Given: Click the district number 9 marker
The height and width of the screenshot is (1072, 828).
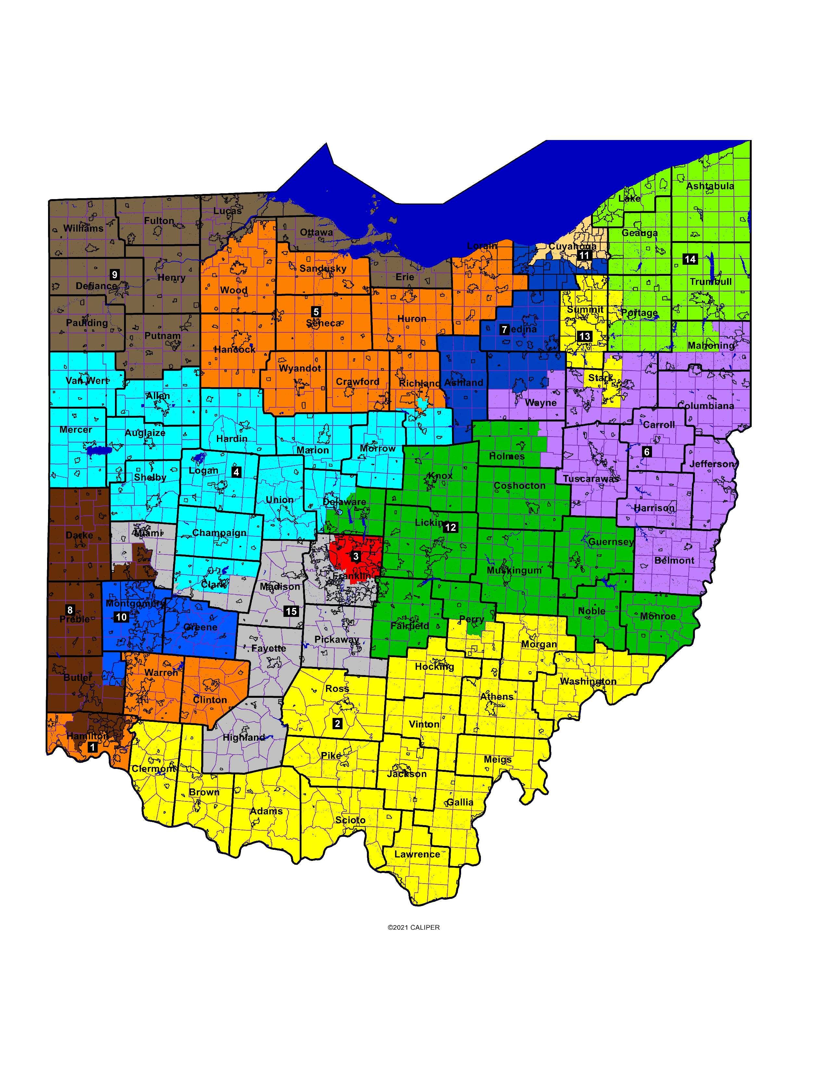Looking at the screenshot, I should coord(115,274).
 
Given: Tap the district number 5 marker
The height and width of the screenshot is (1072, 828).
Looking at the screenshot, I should coord(316,312).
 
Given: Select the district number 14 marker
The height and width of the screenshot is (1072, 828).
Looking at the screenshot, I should coord(690,259).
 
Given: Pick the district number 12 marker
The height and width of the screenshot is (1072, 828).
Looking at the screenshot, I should coord(450,528).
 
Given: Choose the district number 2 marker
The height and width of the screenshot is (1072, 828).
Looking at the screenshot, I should coord(337,723).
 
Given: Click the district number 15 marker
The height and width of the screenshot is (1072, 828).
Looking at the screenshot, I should coord(291,611).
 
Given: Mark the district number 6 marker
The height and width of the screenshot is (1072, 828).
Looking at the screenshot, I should coord(646,452).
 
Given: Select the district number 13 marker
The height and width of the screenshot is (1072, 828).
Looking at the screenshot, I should coord(585,336).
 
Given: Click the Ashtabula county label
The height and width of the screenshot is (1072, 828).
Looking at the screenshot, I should coord(710,186).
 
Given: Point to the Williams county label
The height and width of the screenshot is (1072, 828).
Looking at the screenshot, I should coord(83,228).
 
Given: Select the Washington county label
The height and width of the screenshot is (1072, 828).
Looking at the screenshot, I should coord(588,681).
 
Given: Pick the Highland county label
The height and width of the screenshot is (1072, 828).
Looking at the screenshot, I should coord(244,738).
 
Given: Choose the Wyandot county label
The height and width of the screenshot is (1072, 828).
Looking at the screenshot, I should coord(300,368).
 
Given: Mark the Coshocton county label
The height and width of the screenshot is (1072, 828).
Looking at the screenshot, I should coord(520,485).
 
